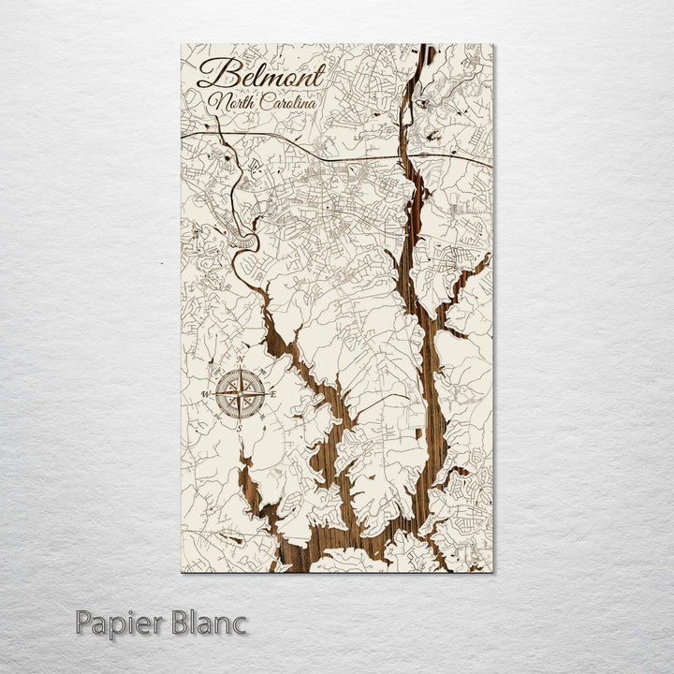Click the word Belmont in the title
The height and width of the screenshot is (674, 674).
tap(261, 75)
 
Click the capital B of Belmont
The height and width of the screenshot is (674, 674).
tap(214, 75)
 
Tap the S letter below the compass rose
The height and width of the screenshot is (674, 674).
tap(239, 428)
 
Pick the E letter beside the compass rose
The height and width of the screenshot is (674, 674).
tap(272, 394)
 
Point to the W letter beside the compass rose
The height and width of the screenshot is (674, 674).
tap(206, 395)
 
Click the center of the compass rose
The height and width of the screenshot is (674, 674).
tap(240, 394)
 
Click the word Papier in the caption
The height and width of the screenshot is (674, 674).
tap(120, 622)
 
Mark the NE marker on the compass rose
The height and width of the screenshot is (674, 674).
tap(262, 372)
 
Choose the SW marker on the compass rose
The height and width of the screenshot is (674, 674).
tap(218, 418)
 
